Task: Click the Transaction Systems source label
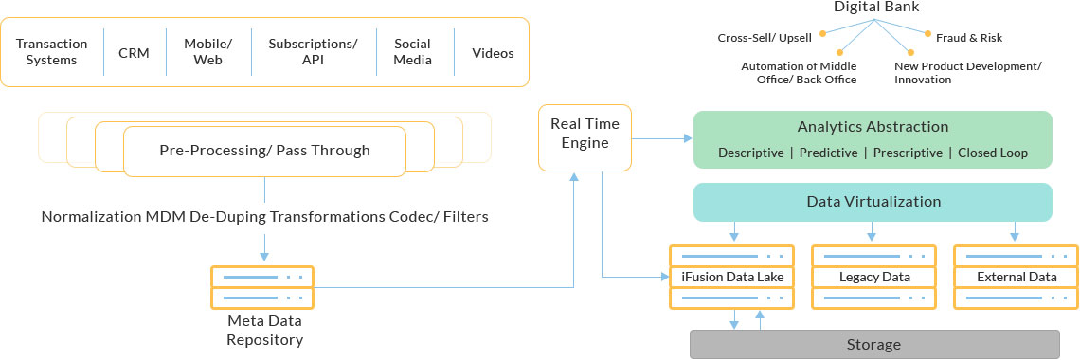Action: click(x=52, y=52)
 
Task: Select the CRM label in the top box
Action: click(x=134, y=53)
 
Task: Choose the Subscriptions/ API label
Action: click(x=313, y=52)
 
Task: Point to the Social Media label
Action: click(x=413, y=52)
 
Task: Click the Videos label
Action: click(x=493, y=53)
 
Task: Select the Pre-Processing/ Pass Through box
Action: click(x=264, y=151)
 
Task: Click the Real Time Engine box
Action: click(x=585, y=137)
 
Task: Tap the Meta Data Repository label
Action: click(x=264, y=332)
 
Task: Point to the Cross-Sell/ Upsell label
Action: click(x=765, y=38)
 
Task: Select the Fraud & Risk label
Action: click(x=968, y=38)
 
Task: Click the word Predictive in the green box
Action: click(x=829, y=153)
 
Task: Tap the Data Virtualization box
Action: click(x=873, y=202)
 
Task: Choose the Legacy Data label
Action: click(x=874, y=278)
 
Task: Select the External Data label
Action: click(x=1016, y=278)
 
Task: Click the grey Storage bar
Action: click(x=873, y=344)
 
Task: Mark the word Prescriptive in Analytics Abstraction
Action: click(x=908, y=153)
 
